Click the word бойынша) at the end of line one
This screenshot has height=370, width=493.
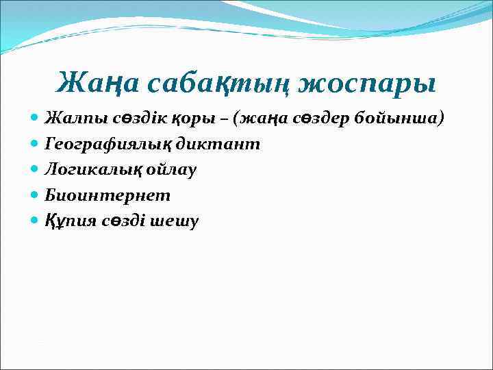click(x=399, y=119)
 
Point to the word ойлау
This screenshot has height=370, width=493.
click(x=168, y=170)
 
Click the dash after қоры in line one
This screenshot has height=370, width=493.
click(x=218, y=119)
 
